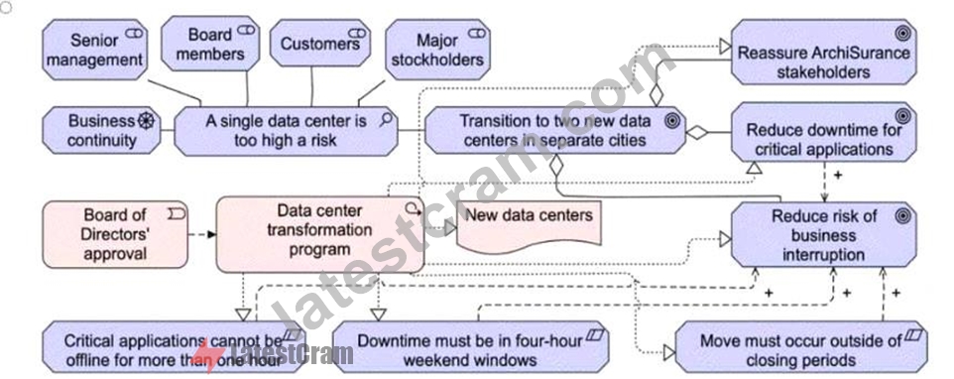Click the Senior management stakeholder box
point(95,50)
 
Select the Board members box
point(210,44)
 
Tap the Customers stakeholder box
point(320,44)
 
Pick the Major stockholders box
point(437,50)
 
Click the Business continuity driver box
point(101,131)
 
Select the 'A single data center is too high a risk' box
point(286,131)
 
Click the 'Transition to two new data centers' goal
point(555,131)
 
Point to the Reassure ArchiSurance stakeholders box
point(824,52)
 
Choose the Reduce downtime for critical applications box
point(824,132)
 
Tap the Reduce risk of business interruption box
point(824,235)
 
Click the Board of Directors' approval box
point(115,235)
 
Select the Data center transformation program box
point(320,234)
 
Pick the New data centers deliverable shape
point(530,225)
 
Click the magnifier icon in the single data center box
point(385,120)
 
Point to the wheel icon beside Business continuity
point(146,120)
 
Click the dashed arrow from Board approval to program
point(202,234)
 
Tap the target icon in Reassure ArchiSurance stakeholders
point(902,34)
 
